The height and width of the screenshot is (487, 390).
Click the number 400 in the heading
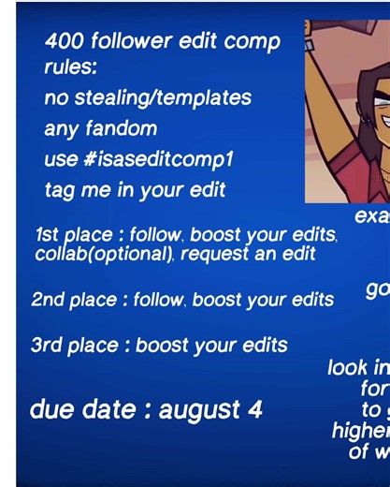tap(66, 41)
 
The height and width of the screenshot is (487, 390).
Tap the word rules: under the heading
tap(70, 67)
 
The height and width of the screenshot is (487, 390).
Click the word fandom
tap(126, 128)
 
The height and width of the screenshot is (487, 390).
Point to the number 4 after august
tap(255, 409)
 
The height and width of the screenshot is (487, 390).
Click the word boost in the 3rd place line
tap(160, 346)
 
